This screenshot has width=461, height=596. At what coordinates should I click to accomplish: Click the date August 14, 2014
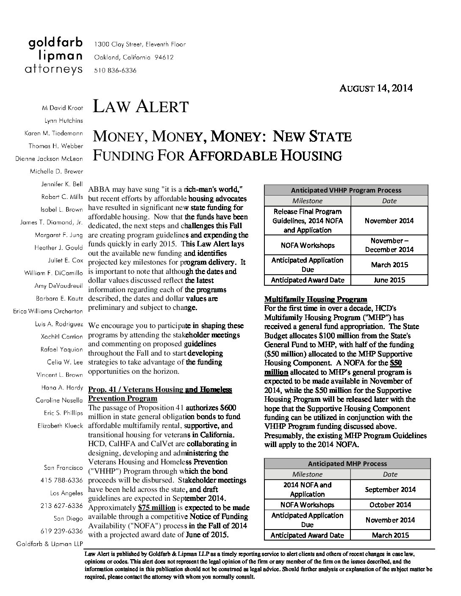coord(376,88)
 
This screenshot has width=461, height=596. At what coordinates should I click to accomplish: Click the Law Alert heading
coord(140,106)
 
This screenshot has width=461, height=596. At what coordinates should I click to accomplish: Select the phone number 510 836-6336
coord(115,71)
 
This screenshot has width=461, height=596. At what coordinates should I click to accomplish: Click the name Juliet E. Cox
coord(66,260)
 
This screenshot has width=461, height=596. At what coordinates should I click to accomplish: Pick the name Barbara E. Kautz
coord(59,298)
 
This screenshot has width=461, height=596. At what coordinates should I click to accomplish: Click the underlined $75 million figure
coord(156,508)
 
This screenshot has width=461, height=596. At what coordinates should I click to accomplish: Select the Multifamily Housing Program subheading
coord(316,299)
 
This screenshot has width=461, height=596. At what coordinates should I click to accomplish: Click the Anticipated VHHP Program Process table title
coord(346,190)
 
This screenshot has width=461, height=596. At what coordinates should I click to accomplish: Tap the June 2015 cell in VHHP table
coord(389,280)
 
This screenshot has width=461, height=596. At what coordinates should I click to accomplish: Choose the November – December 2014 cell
coord(389,245)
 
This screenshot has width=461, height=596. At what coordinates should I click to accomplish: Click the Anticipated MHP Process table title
coord(347,464)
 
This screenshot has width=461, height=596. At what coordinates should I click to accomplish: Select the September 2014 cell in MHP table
coord(390,489)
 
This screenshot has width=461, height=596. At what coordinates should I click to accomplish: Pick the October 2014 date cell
coord(390,505)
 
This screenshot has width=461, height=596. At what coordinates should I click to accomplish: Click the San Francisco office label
coord(63,468)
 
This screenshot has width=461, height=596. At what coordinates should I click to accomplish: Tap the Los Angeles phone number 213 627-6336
coord(61,506)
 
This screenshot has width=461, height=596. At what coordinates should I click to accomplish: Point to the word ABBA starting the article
coord(98,190)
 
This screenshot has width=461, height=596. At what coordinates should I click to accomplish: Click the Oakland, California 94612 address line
coord(133,57)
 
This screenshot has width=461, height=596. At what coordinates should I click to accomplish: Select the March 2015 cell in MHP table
coord(390,535)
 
